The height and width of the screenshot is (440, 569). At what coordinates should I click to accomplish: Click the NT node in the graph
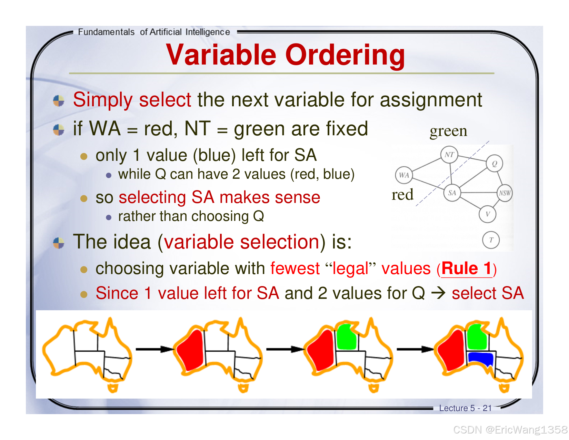click(x=449, y=155)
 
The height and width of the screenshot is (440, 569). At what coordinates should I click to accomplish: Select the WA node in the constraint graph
click(x=404, y=175)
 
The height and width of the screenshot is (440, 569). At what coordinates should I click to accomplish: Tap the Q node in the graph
click(x=495, y=164)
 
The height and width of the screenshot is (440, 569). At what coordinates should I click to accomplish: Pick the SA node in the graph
click(x=452, y=193)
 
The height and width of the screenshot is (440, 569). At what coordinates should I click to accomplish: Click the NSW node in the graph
click(x=505, y=193)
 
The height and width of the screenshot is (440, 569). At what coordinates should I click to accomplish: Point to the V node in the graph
click(x=487, y=214)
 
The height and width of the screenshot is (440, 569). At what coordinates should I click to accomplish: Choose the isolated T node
click(x=491, y=240)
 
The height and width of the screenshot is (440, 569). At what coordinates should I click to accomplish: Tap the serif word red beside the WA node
click(x=402, y=195)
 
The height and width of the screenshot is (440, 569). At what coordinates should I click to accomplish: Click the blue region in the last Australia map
click(x=481, y=359)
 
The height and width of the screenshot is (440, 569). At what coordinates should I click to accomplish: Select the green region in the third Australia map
click(x=347, y=337)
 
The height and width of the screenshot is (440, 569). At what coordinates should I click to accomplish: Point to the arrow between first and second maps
click(x=154, y=349)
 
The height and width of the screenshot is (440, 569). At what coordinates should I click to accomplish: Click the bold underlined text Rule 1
click(x=466, y=268)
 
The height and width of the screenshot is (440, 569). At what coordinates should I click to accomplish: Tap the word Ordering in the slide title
click(x=345, y=55)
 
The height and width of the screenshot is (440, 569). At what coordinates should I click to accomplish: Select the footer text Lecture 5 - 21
click(x=465, y=408)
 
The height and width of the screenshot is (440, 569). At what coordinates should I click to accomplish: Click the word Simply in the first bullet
click(x=103, y=100)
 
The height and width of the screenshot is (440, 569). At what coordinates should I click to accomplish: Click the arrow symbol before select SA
click(x=438, y=293)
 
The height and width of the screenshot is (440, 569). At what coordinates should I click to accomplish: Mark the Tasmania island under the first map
click(x=113, y=388)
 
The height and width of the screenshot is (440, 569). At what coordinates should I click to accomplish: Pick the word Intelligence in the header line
click(x=208, y=32)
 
